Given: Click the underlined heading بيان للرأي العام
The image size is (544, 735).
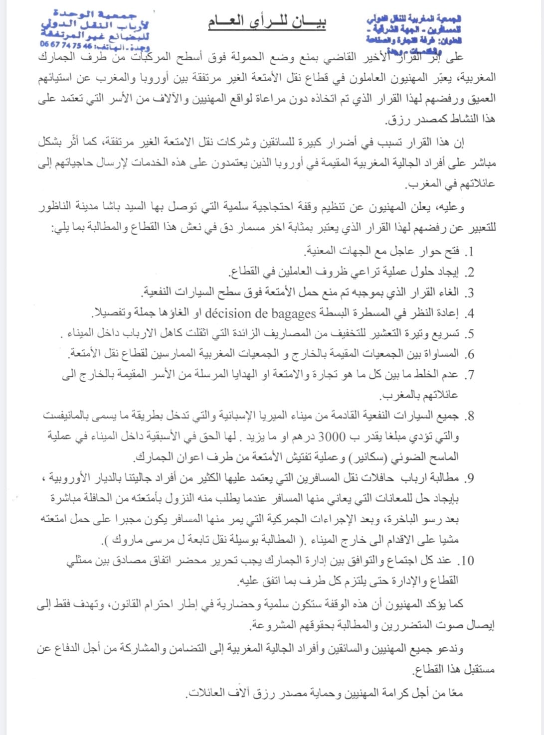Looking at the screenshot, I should (267, 22).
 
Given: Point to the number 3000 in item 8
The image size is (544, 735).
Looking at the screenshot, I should (332, 437).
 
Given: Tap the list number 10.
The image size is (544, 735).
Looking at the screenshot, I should (466, 561).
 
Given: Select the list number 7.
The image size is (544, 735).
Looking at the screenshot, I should (469, 375).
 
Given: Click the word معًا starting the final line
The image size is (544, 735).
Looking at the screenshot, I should (455, 693).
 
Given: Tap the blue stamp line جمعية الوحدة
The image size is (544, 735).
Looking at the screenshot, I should (95, 14).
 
